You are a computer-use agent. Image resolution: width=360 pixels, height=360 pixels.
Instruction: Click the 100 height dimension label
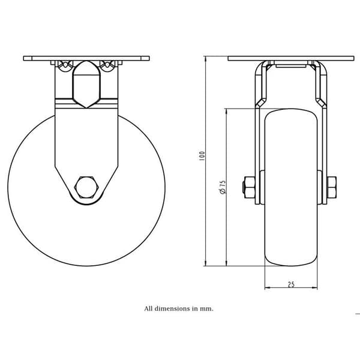(202, 155)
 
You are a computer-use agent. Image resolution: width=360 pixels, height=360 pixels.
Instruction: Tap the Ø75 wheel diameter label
(223, 187)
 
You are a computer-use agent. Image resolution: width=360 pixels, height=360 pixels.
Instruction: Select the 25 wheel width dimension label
(291, 284)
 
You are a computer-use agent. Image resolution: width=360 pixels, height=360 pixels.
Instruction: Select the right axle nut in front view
(332, 187)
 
